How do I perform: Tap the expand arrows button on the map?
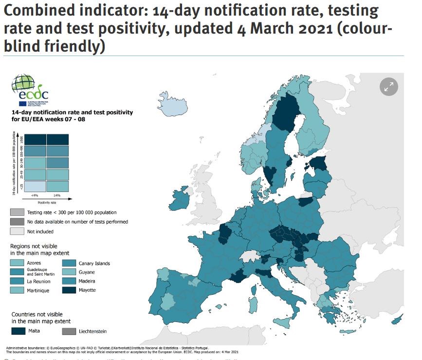(388, 87)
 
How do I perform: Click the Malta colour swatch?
(19, 331)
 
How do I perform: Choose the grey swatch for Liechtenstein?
(70, 331)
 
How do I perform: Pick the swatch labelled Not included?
(18, 231)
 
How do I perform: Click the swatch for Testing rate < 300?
(18, 212)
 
